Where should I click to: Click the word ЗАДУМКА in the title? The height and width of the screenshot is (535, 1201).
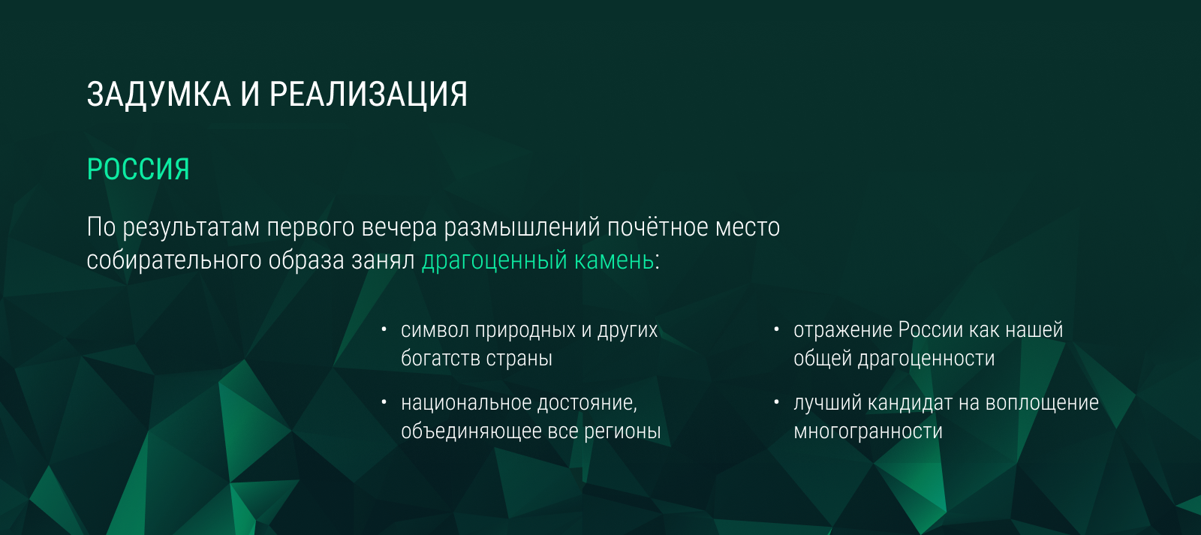point(158,95)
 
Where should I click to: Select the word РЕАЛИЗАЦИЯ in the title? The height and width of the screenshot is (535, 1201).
point(369,95)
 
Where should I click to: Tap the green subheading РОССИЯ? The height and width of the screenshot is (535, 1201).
point(138,170)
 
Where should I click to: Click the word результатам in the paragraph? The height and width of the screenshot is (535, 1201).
point(191,228)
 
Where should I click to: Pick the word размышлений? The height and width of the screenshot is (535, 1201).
point(522,228)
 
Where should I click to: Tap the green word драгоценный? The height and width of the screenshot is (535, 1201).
point(495,261)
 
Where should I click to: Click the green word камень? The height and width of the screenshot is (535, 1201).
point(614,260)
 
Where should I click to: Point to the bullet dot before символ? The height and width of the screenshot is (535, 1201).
point(384,329)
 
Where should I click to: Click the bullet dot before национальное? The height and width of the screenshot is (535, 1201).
point(384,402)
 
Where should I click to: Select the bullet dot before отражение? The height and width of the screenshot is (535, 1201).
point(776,329)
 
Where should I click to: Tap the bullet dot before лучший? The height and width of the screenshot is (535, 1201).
point(776,402)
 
